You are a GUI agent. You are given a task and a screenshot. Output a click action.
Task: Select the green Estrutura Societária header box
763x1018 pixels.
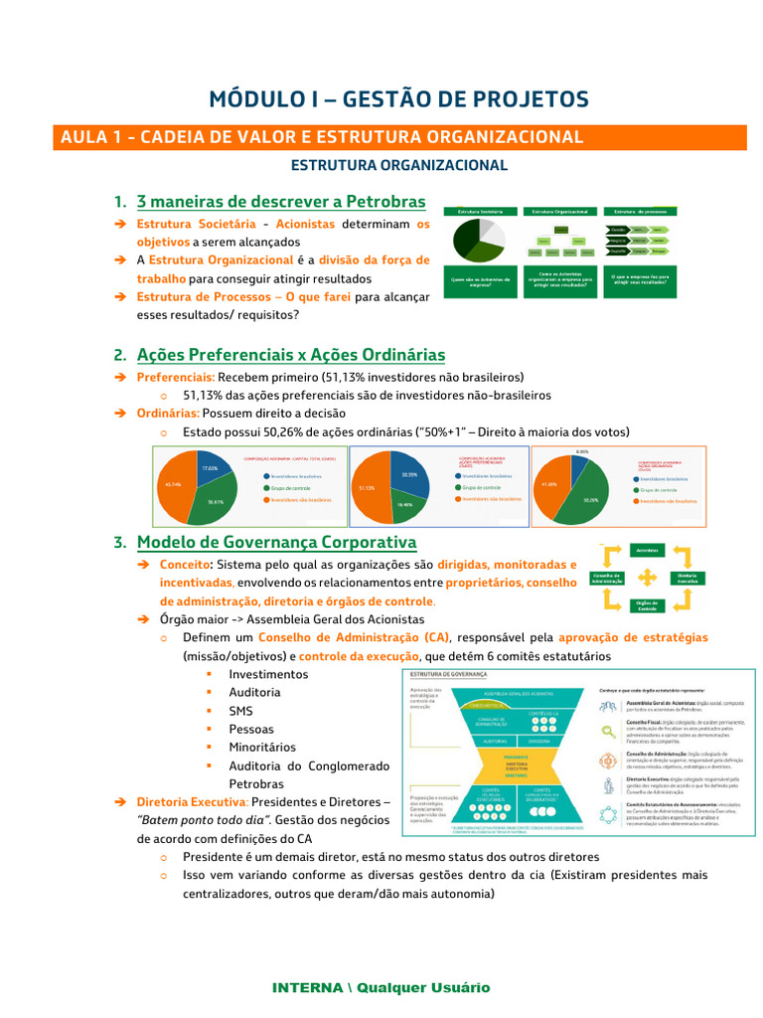coord(480,212)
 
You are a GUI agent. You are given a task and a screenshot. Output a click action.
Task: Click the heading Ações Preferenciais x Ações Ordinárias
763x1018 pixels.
coord(290,355)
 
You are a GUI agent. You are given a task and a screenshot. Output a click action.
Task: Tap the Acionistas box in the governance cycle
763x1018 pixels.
coord(647,550)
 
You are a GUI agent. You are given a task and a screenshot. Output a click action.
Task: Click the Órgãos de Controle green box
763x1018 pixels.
coord(647,604)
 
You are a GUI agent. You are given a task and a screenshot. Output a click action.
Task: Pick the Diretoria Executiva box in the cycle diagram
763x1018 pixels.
coord(694,578)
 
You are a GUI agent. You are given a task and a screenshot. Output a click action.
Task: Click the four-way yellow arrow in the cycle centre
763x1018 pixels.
coord(647,578)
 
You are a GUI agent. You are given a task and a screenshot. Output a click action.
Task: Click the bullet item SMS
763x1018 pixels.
coord(240,711)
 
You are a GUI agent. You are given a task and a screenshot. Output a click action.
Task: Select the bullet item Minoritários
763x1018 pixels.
coord(262,747)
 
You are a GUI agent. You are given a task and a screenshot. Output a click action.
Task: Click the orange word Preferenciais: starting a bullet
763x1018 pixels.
coord(175,378)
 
